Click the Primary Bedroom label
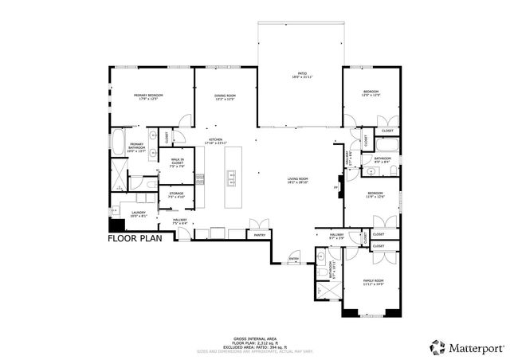pos(146,97)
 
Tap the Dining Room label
pos(225,97)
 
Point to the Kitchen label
pos(216,141)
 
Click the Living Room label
pos(298,181)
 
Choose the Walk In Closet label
pos(177,163)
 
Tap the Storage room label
pos(177,195)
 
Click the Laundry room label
pos(138,213)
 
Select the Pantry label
pos(259,235)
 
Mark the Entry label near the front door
pos(292,259)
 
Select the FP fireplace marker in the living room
pos(336,189)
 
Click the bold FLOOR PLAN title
pos(135,237)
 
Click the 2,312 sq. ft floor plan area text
pos(255,342)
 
